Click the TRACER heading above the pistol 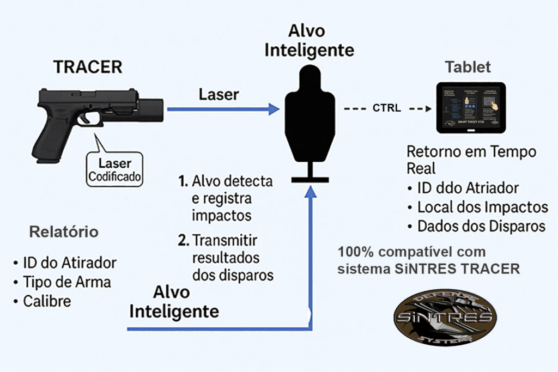click(x=88, y=68)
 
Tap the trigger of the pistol click(x=88, y=117)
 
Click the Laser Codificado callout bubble click(x=115, y=169)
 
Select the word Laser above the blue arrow click(x=219, y=94)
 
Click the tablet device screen click(x=471, y=108)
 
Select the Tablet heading click(x=468, y=67)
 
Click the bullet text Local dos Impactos click(x=482, y=207)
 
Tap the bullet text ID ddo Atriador click(x=468, y=188)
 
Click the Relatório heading click(x=64, y=232)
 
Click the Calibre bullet click(x=47, y=301)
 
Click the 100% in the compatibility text click(x=355, y=253)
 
